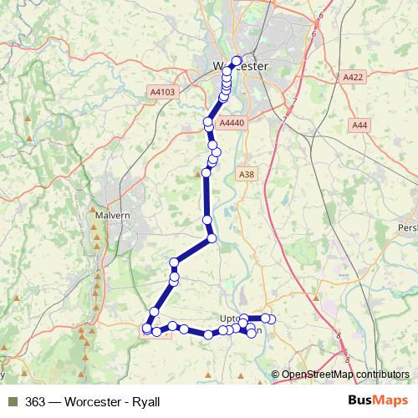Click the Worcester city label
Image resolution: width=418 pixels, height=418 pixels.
239,66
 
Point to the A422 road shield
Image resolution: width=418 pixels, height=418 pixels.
353,77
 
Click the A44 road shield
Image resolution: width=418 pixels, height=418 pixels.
359,125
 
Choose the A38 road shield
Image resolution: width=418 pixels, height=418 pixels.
246,174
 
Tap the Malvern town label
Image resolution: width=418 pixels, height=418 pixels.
115,215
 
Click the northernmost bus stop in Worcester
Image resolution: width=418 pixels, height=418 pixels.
236,60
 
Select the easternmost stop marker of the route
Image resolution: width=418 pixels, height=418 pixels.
271,319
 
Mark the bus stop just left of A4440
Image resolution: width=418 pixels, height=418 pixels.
208,122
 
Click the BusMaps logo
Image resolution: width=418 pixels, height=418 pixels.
380,401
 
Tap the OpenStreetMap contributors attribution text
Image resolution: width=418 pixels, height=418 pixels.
345,375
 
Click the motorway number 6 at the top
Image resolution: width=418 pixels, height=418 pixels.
321,15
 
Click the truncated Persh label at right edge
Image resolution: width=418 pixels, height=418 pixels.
407,227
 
